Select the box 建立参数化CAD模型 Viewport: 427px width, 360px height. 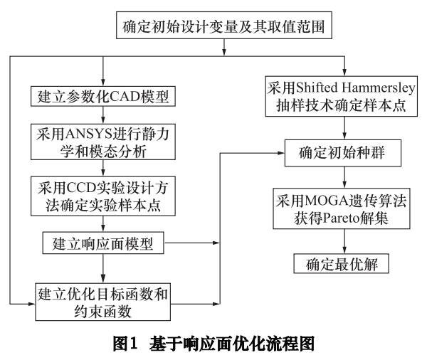104,95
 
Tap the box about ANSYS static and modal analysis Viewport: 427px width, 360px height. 105,141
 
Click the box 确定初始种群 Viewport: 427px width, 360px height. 344,152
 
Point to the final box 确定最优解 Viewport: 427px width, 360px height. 344,265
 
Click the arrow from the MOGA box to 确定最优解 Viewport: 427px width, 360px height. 344,240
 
